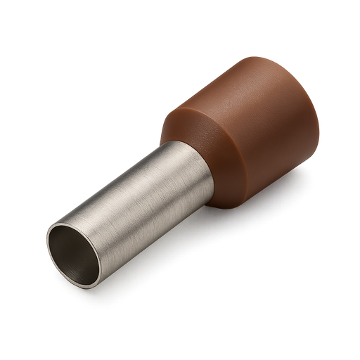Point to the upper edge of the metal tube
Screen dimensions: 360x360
(120, 169)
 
